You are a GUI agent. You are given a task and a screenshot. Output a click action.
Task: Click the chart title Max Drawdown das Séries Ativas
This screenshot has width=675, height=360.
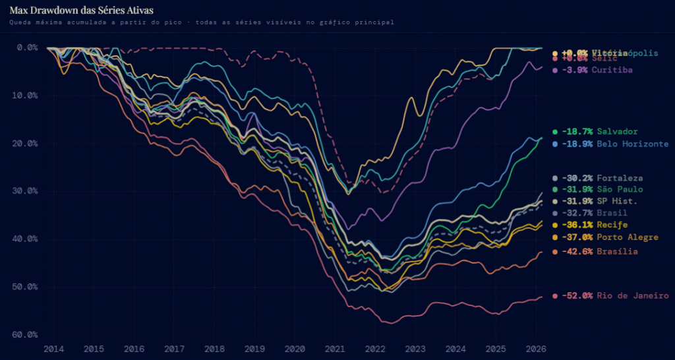[x=80, y=10]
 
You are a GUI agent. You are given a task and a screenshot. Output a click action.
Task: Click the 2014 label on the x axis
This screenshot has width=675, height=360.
[x=53, y=348]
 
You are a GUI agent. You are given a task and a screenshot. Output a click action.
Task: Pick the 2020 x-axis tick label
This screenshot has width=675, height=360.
[x=295, y=348]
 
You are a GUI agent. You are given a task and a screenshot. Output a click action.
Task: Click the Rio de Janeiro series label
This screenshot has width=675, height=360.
[x=633, y=296]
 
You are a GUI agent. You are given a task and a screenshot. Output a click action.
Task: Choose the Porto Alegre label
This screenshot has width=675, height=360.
[x=628, y=237]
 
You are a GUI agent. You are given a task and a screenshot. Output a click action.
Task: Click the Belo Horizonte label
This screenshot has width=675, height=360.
[x=633, y=144]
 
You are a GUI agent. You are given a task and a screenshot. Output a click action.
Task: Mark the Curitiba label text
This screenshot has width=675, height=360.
[x=612, y=70]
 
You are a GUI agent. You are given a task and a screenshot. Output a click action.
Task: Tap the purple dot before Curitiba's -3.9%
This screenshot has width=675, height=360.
[x=556, y=70]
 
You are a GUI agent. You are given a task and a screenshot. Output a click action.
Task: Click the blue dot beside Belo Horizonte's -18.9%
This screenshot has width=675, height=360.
[x=556, y=144]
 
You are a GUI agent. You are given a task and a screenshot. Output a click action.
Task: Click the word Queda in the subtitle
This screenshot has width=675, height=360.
[x=20, y=22]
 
